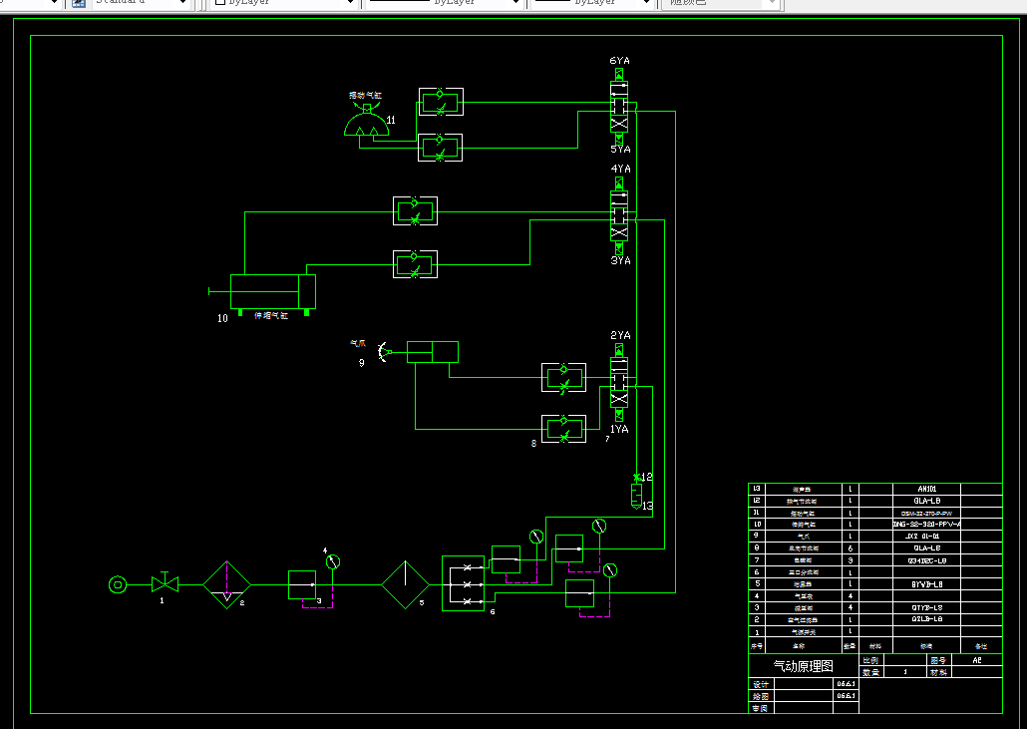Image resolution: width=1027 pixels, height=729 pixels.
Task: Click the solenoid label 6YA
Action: click(x=619, y=62)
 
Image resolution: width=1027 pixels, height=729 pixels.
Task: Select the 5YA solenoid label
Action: click(x=620, y=150)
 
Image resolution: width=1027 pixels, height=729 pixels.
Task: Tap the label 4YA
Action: click(x=620, y=170)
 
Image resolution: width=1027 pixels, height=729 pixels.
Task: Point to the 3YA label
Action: click(x=620, y=261)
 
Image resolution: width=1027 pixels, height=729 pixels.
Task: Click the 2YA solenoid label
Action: click(x=620, y=336)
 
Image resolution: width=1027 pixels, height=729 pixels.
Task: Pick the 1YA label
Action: click(x=619, y=429)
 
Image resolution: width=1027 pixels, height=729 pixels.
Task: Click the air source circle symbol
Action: click(x=118, y=583)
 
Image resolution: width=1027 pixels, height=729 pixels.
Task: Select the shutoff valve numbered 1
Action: click(x=164, y=583)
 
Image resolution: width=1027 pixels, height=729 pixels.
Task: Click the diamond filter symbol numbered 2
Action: click(x=228, y=583)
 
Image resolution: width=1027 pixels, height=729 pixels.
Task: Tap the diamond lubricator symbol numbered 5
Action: click(x=406, y=583)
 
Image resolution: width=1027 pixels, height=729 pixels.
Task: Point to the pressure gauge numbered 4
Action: click(x=333, y=561)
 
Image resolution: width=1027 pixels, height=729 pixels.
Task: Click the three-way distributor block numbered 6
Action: click(x=463, y=582)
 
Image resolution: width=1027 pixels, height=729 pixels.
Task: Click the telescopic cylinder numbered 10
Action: click(x=272, y=291)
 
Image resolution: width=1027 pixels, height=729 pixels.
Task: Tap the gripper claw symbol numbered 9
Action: click(x=382, y=351)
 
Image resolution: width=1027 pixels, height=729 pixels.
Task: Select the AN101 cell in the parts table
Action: click(x=928, y=489)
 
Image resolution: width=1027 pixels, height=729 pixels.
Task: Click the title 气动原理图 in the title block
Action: click(x=804, y=666)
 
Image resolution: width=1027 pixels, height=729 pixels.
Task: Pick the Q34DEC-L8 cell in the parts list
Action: click(x=928, y=560)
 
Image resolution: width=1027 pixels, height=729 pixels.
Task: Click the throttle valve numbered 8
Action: click(x=563, y=428)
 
